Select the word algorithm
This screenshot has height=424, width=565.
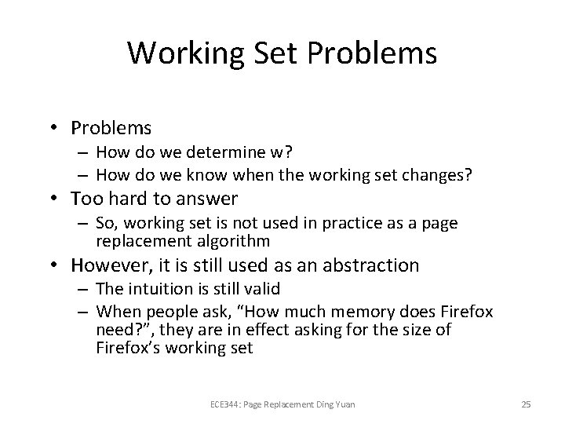235,240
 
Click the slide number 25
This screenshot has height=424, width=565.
526,405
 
